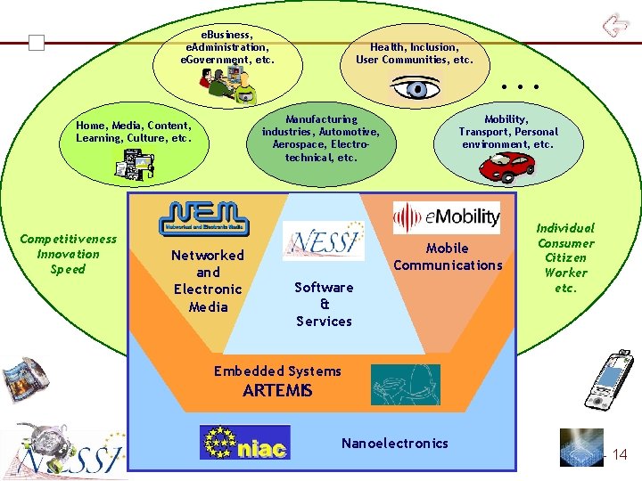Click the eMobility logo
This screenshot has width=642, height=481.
coord(447,217)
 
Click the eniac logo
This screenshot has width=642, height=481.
coord(244,443)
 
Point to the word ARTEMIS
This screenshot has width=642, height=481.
coord(277,390)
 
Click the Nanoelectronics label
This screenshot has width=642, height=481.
coord(395,443)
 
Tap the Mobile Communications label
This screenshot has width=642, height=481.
coord(448,257)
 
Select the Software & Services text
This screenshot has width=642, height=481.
coord(324,304)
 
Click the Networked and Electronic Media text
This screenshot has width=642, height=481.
coord(208,281)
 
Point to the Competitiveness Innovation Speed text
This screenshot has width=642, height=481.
coord(68,254)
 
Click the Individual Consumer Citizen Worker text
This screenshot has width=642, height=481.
coord(565,258)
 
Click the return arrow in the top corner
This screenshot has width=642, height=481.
coord(614,24)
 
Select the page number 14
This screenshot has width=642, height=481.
coord(619,455)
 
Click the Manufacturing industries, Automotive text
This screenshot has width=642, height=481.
coord(321,138)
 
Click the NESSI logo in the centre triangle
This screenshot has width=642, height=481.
coord(323,240)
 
